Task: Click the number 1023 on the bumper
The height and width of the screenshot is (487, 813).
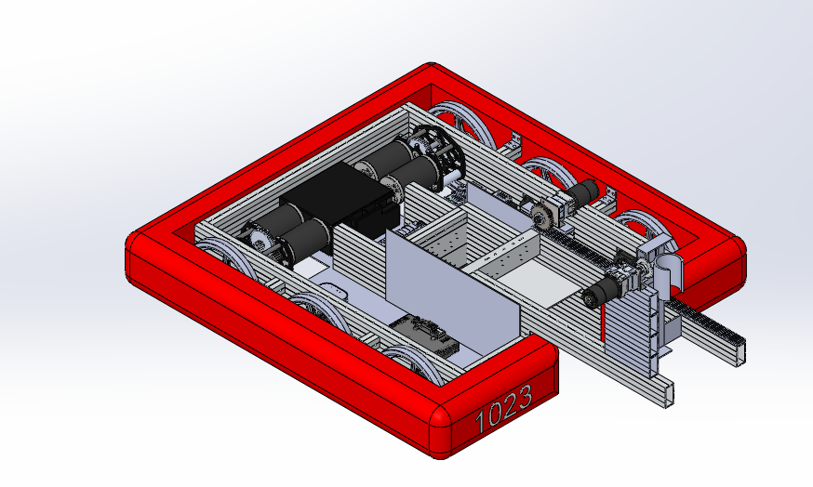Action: [503, 409]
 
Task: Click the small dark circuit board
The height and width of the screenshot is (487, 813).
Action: [425, 335]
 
